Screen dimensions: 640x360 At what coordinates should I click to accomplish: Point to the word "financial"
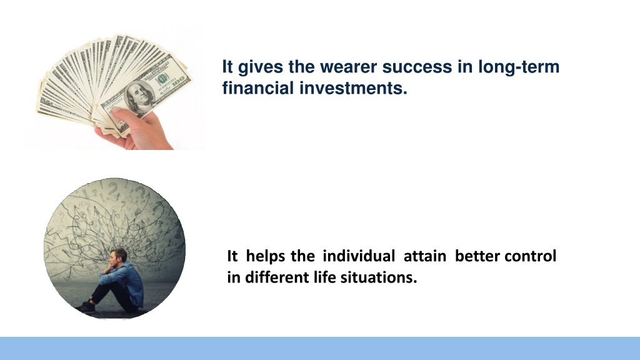tap(258, 87)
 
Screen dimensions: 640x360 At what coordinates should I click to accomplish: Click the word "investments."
tap(354, 87)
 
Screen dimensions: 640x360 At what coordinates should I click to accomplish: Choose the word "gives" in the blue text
tap(261, 67)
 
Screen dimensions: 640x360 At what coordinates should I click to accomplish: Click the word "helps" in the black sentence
tap(266, 257)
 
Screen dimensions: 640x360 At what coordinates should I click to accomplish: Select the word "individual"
tap(359, 256)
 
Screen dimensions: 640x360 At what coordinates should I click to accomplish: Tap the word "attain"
tap(425, 256)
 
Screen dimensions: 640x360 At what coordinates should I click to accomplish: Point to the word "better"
tap(477, 256)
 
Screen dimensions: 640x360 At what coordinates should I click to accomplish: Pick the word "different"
tap(277, 277)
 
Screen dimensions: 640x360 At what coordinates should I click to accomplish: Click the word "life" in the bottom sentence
tap(325, 277)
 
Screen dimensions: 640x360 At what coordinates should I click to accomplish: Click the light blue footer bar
tap(320, 348)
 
